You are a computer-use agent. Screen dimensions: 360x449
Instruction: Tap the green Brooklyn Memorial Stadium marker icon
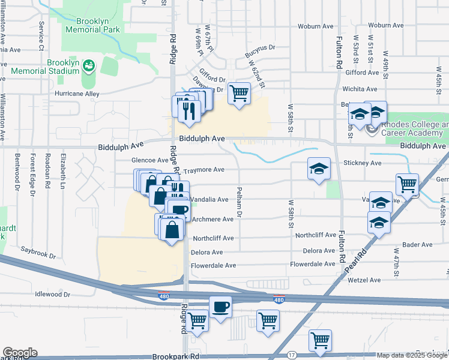tap(89, 65)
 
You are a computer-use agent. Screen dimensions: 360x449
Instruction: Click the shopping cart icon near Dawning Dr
tap(240, 93)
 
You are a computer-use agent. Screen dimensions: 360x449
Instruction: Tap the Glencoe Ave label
tap(150, 160)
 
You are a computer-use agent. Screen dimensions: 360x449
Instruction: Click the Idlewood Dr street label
tap(53, 294)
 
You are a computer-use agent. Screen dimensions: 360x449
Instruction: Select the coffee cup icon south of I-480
tap(220, 307)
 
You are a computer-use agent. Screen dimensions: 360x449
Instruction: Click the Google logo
tap(20, 353)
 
